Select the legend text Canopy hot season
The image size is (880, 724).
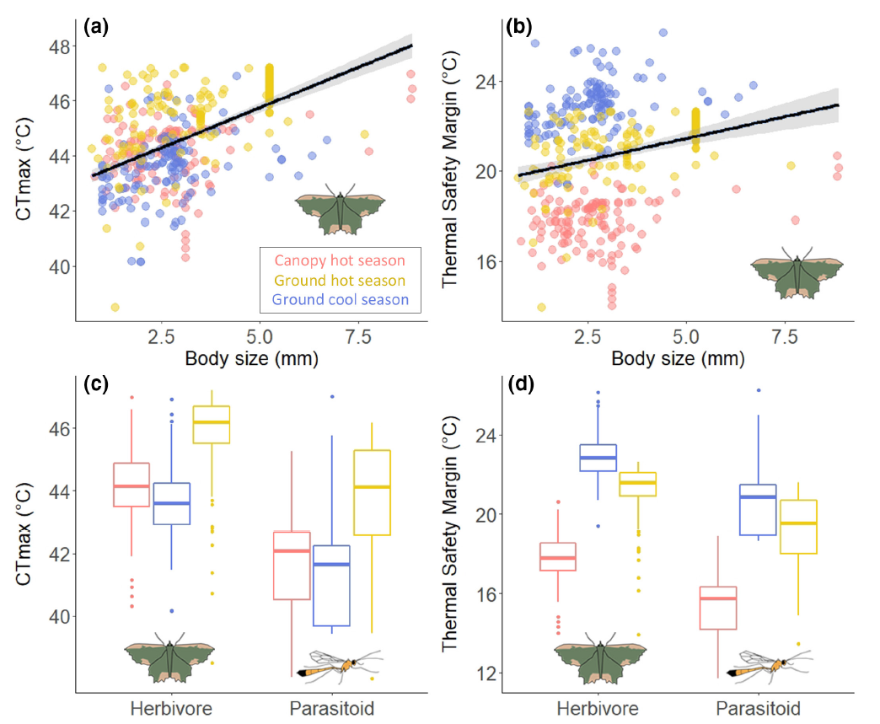tap(339, 260)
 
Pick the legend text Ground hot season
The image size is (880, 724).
tap(339, 280)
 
